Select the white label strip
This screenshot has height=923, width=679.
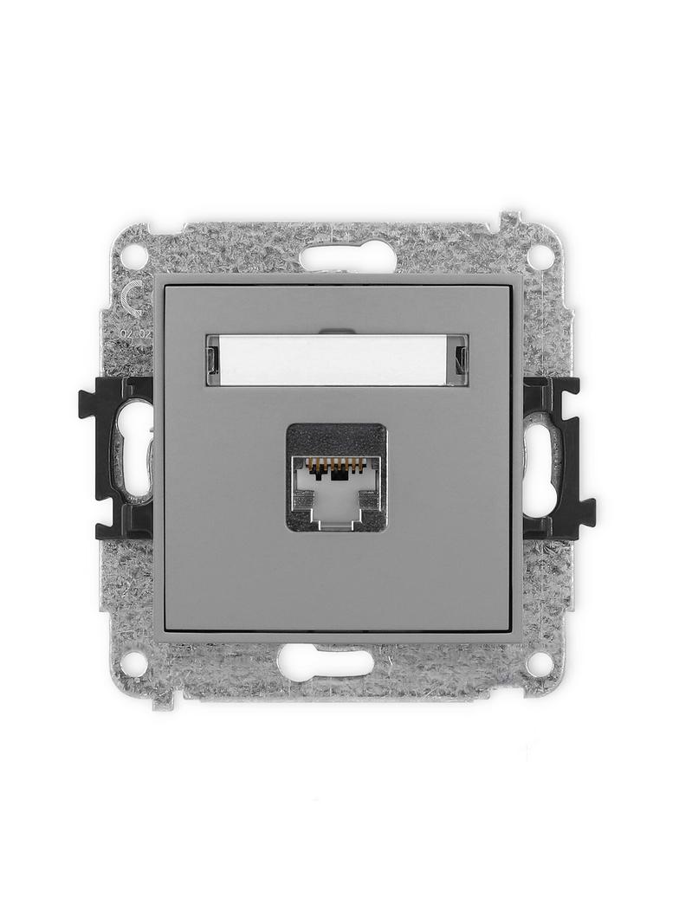coord(336,360)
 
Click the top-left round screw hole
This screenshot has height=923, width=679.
coord(133,256)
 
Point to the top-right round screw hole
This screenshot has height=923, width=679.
coord(540,256)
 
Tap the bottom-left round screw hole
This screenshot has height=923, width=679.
coord(133,663)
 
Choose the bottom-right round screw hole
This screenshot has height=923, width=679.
coord(540,663)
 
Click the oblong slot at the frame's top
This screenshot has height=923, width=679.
coord(347,256)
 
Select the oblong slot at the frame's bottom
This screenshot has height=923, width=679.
coord(326,662)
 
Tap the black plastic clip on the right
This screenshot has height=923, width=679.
coord(559,456)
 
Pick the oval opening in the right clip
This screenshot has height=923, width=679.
coord(539,459)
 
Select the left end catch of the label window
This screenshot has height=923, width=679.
coord(212,359)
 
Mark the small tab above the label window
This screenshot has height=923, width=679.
coord(336,331)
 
